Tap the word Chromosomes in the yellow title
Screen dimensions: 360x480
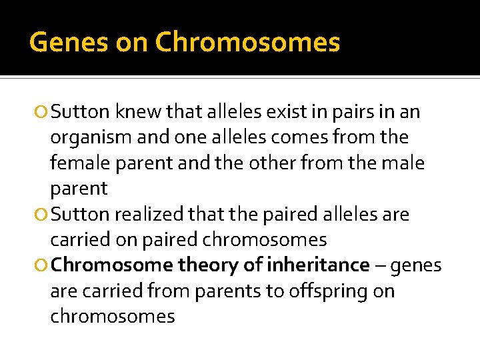coord(247,42)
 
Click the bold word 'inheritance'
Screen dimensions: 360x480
coord(318,265)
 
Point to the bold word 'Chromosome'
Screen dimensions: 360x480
coord(111,265)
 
